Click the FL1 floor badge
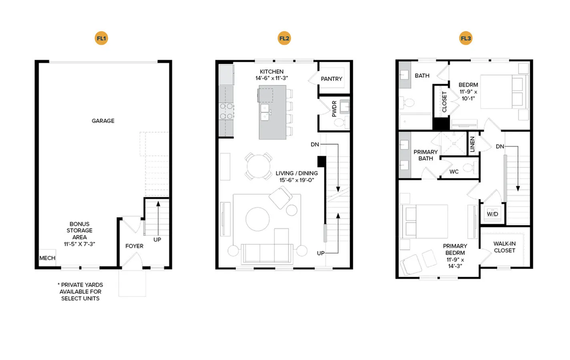pyautogui.click(x=101, y=38)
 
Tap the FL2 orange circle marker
pyautogui.click(x=284, y=38)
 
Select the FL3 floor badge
pyautogui.click(x=466, y=38)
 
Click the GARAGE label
pyautogui.click(x=103, y=121)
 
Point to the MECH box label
pyautogui.click(x=47, y=258)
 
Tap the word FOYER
pyautogui.click(x=134, y=246)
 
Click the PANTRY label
pyautogui.click(x=331, y=79)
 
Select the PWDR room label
pyautogui.click(x=334, y=109)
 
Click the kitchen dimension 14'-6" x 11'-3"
pyautogui.click(x=272, y=78)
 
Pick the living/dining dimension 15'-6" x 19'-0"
pyautogui.click(x=297, y=180)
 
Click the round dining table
pyautogui.click(x=259, y=166)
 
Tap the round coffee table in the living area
pyautogui.click(x=257, y=219)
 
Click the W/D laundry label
pyautogui.click(x=493, y=214)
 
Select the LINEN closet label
pyautogui.click(x=473, y=144)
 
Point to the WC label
pyautogui.click(x=454, y=172)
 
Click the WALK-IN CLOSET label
pyautogui.click(x=505, y=247)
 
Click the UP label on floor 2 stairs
pyautogui.click(x=321, y=253)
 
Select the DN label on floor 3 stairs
pyautogui.click(x=500, y=146)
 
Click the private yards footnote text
pyautogui.click(x=80, y=292)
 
